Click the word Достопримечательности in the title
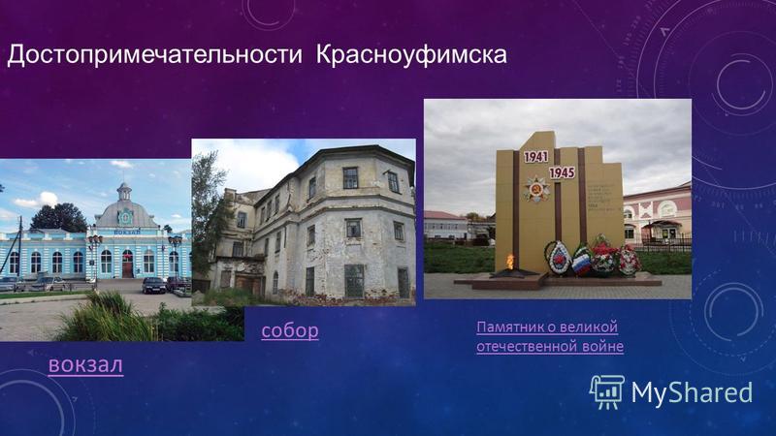click(x=154, y=54)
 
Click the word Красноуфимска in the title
click(x=411, y=54)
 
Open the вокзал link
click(x=85, y=364)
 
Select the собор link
click(x=290, y=329)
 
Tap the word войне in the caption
click(x=602, y=346)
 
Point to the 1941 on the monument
click(x=536, y=157)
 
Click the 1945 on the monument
click(x=562, y=172)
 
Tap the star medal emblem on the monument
click(x=536, y=189)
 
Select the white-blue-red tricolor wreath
click(x=581, y=260)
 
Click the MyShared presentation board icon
click(x=607, y=392)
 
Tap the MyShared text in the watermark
click(x=692, y=393)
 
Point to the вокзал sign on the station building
click(x=127, y=232)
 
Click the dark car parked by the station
click(x=154, y=285)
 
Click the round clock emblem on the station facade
click(x=125, y=216)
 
